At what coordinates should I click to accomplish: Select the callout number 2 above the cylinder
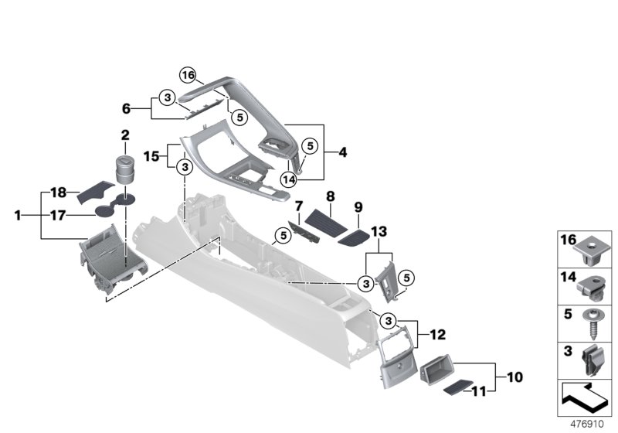[x=124, y=135]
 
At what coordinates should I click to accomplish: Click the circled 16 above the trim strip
[x=188, y=75]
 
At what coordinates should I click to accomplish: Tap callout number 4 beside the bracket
[x=342, y=152]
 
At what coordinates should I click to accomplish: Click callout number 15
[x=153, y=156]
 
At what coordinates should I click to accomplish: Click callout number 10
[x=515, y=378]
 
